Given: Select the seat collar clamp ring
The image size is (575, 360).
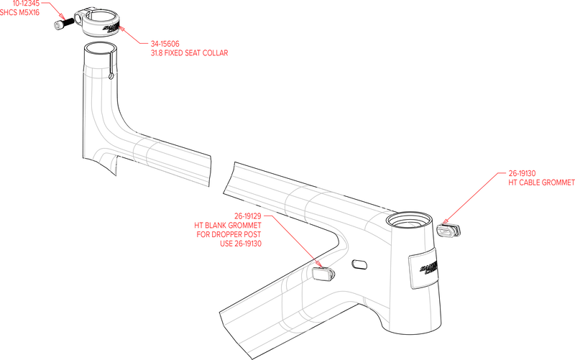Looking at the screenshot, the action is [x=98, y=22].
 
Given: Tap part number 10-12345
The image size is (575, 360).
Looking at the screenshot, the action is [x=26, y=4].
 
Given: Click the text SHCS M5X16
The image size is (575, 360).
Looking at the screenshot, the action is [x=19, y=12].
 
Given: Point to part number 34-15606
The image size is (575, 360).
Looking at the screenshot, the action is [x=165, y=44].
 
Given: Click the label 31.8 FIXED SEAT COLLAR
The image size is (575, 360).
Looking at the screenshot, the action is [x=189, y=53].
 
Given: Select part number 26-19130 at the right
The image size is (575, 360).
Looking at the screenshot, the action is [x=522, y=173].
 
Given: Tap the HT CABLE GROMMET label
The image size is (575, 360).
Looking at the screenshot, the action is [x=541, y=183].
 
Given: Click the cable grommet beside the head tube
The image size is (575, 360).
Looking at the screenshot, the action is [x=448, y=229].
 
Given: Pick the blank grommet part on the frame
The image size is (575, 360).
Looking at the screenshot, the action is [x=323, y=273].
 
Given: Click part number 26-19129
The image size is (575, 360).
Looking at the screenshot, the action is [x=248, y=216].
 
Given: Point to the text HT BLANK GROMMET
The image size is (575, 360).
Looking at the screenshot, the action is [x=228, y=226].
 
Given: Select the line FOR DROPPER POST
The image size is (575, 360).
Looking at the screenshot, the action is [x=229, y=235].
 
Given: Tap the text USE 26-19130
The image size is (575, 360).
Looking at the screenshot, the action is [x=241, y=244].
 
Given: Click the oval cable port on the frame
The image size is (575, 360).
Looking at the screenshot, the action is [x=359, y=264].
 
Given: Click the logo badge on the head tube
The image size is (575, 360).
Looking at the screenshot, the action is [x=424, y=269].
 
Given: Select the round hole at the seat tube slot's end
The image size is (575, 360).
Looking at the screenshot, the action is [x=111, y=75].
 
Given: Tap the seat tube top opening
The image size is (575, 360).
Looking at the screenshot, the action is [x=101, y=49].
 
